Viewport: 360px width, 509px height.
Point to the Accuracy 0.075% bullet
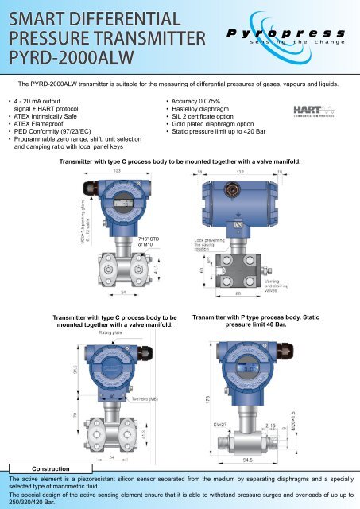tap(198, 102)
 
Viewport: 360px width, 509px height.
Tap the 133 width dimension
tap(116, 170)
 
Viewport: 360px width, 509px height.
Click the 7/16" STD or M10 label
tap(149, 241)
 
